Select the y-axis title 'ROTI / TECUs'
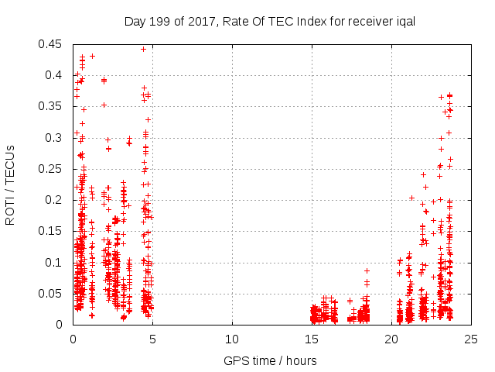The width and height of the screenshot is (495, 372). tap(10, 184)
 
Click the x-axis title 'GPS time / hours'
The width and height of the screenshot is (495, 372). tap(270, 360)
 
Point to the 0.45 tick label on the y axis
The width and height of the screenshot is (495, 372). tap(51, 44)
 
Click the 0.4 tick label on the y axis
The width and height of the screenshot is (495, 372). tap(54, 75)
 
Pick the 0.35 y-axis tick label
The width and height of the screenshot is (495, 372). tap(51, 106)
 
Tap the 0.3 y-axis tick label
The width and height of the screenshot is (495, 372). tap(54, 138)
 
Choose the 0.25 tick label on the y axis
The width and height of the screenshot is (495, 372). tap(51, 169)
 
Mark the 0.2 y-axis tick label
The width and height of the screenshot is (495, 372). tap(54, 200)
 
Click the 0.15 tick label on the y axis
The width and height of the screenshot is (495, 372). tap(51, 231)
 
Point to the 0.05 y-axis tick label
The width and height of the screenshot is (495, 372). tap(51, 294)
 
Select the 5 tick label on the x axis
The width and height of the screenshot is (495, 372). tap(152, 339)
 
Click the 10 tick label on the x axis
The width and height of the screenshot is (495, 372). tap(232, 339)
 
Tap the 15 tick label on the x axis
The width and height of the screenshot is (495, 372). tap(312, 339)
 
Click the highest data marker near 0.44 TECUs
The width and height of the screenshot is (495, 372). tap(143, 49)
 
